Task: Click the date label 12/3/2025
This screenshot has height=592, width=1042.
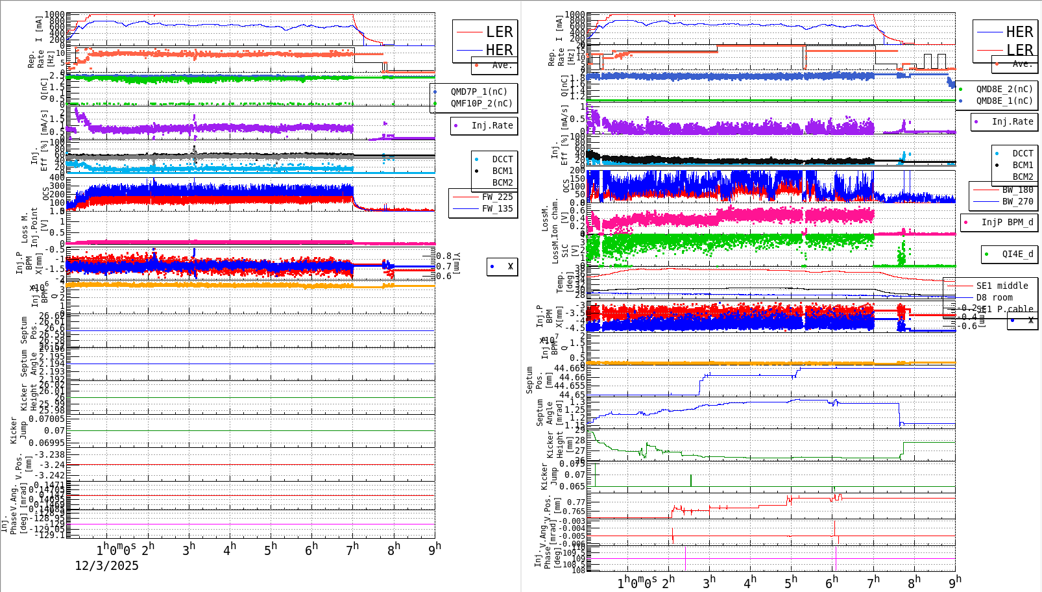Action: coord(106,565)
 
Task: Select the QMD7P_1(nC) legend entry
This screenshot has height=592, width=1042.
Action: coord(479,92)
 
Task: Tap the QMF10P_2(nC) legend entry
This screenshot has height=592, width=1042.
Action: coord(481,103)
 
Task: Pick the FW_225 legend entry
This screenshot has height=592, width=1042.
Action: coord(497,197)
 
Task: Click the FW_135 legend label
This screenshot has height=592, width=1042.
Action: coord(497,208)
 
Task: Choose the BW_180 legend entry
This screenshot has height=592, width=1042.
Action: coord(1017,190)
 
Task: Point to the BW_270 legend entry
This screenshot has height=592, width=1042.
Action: coord(1017,201)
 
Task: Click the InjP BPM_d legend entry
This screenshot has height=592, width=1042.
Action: coord(1007,222)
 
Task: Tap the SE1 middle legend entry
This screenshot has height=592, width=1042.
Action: coord(1002,286)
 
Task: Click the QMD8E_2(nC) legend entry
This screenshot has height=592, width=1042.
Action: coord(1004,89)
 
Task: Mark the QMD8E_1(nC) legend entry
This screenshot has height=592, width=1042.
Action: coord(1004,101)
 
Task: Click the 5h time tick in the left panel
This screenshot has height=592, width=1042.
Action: coord(271,550)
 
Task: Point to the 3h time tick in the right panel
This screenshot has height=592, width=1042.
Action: coord(709,581)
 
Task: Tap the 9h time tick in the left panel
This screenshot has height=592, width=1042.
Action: coord(434,549)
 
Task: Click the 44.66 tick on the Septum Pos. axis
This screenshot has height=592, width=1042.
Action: coord(572,377)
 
